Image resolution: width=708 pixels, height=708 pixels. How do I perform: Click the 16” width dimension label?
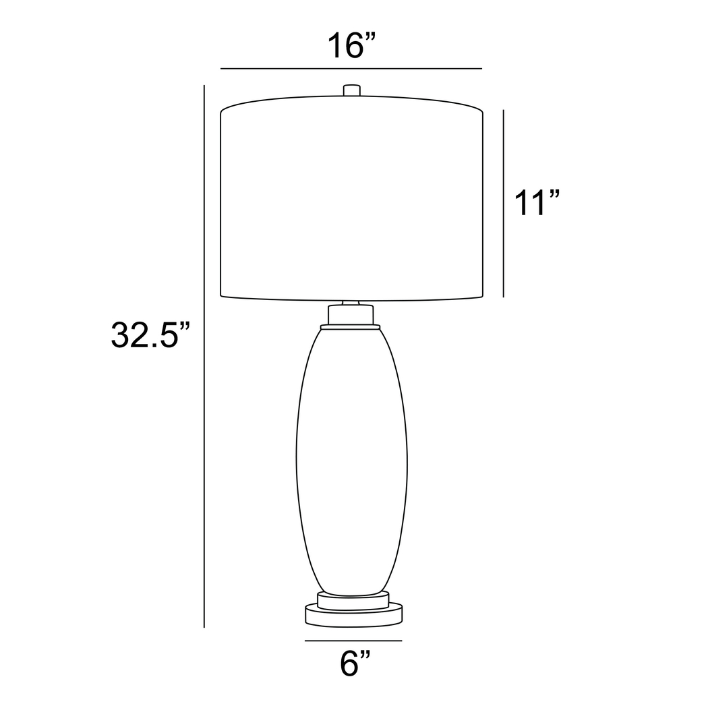351,45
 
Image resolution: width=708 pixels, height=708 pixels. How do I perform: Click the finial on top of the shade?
352,90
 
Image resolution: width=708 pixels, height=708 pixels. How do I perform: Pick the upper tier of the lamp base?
353,600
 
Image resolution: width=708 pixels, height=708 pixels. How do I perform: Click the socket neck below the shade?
351,314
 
